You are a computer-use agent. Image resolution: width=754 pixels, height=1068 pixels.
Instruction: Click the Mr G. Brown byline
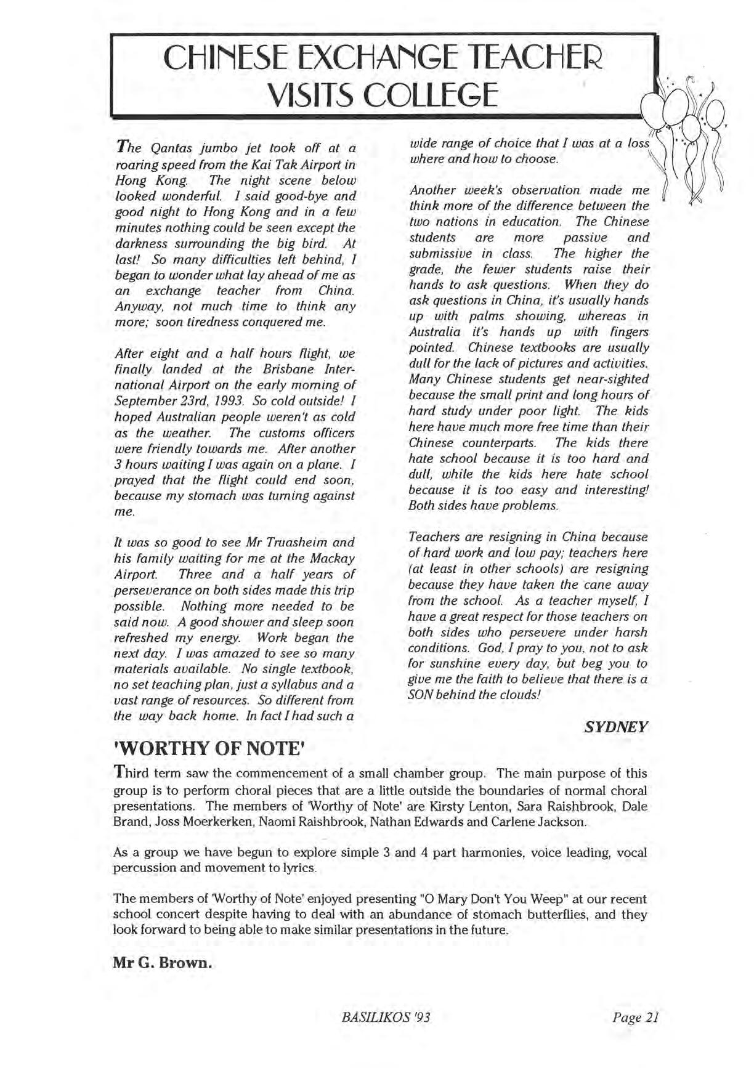coord(163,962)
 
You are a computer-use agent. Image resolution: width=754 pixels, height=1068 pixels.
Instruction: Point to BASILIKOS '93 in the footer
coord(384,1017)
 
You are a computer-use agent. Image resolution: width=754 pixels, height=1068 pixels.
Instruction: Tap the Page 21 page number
coord(636,1017)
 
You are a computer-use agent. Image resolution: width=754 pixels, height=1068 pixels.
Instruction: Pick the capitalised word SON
coord(421,695)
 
